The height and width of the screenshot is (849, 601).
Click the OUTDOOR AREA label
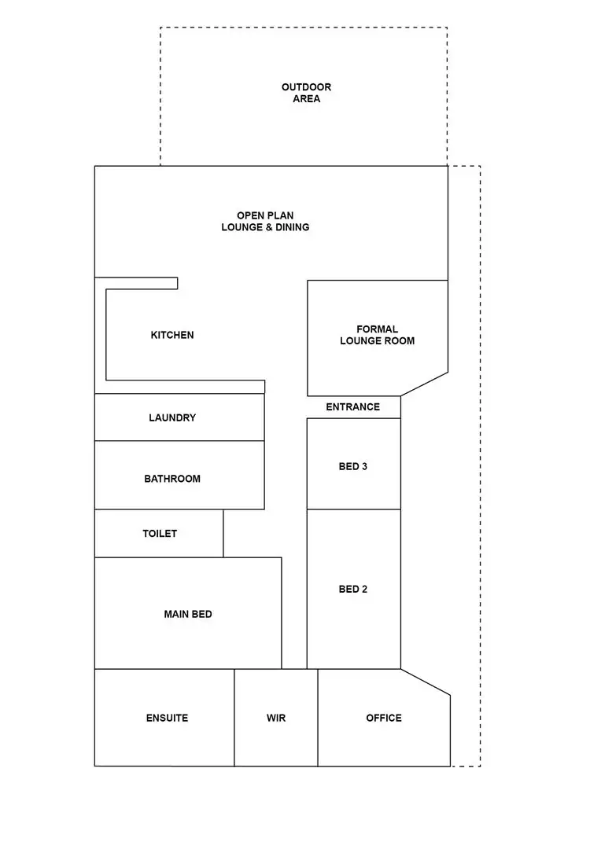tap(306, 93)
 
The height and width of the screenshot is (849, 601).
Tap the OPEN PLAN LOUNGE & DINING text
tap(265, 221)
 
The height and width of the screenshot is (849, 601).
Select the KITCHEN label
tap(172, 335)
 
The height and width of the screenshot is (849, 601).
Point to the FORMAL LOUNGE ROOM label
tap(377, 335)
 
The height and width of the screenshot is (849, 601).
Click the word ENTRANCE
tap(352, 407)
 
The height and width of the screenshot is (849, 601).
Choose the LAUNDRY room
tap(172, 417)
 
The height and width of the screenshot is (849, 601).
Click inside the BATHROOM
tap(172, 479)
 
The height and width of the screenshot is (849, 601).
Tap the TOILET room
tap(160, 534)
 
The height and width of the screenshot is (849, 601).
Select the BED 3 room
tap(353, 466)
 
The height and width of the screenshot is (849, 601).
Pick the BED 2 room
tap(353, 589)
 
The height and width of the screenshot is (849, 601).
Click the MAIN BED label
tap(188, 614)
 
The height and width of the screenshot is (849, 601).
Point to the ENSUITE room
tap(167, 718)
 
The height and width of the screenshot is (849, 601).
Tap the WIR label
tap(276, 718)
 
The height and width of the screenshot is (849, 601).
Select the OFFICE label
tap(384, 718)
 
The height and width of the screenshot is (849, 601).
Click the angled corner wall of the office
tap(426, 682)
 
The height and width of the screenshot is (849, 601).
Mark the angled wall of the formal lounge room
tap(425, 384)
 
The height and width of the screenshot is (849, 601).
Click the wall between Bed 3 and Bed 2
tap(353, 509)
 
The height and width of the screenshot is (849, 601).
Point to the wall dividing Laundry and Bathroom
tap(179, 441)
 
